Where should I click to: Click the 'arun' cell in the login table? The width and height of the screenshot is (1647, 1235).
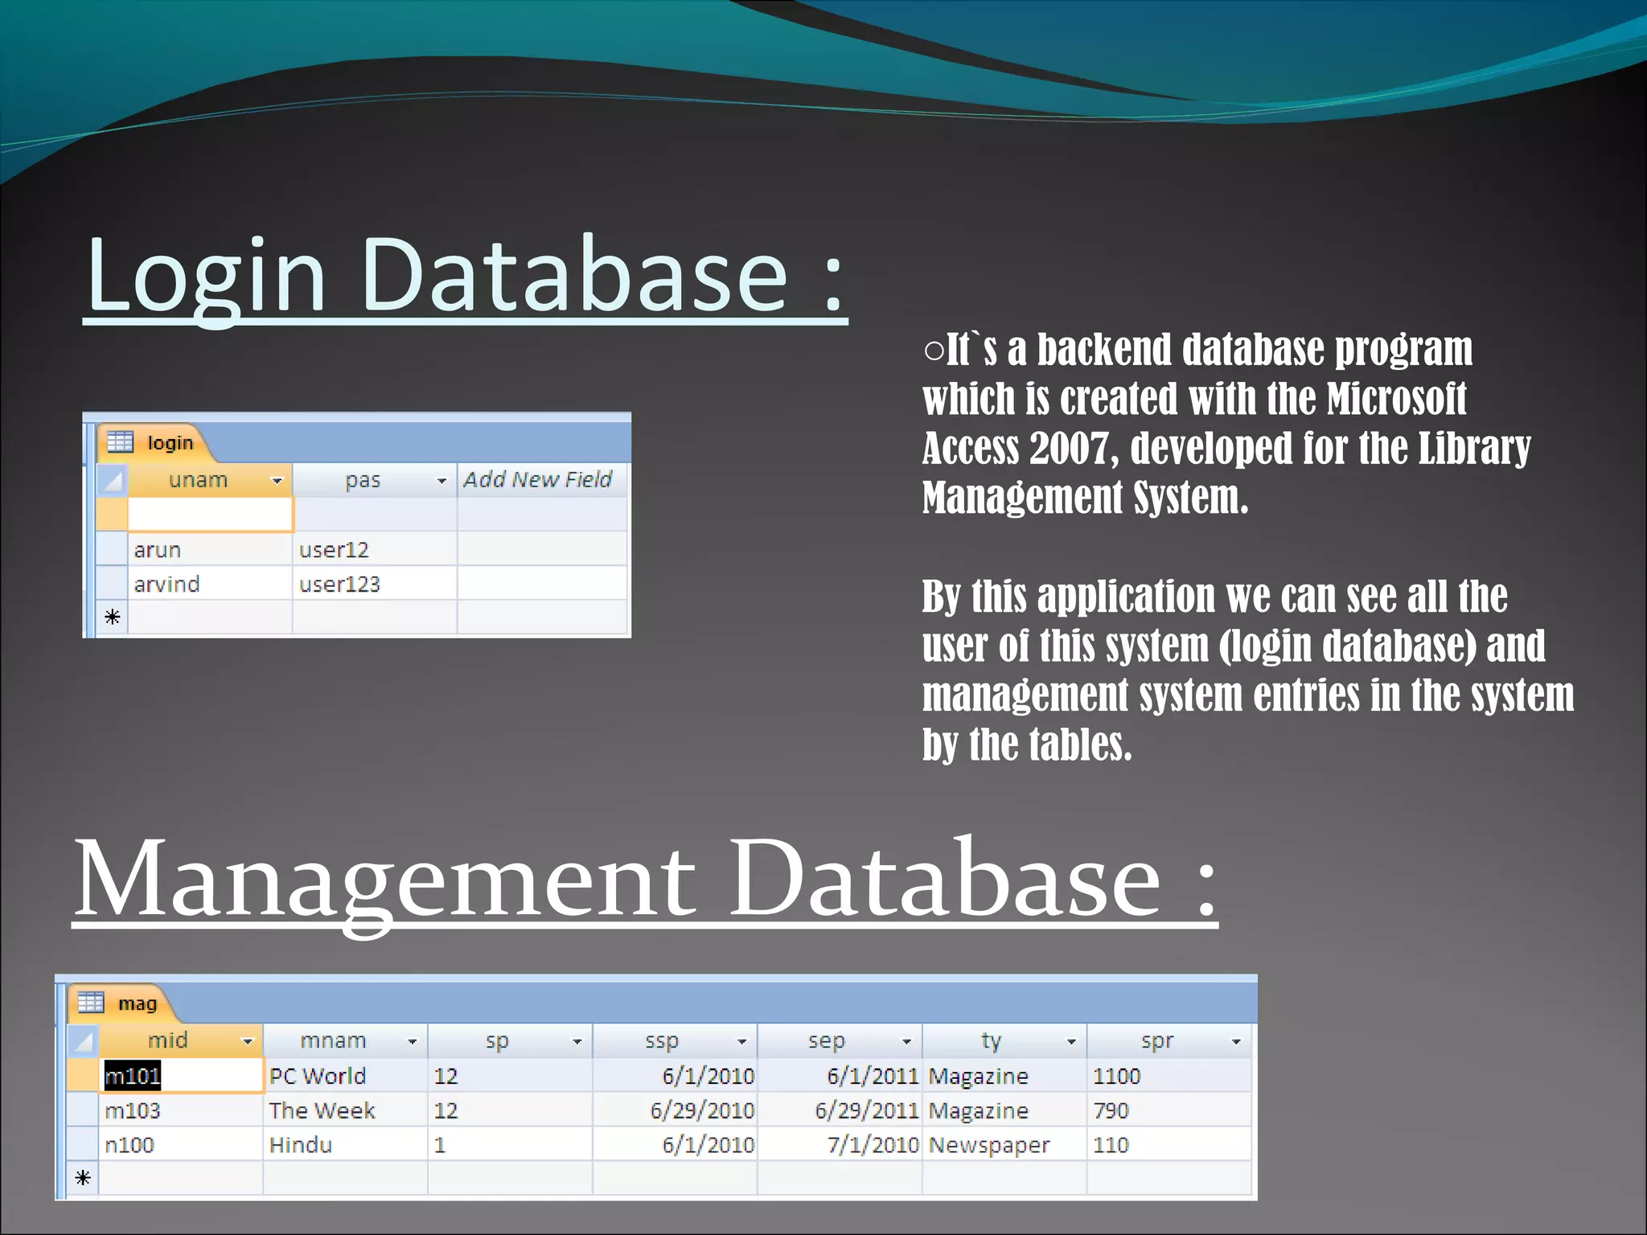(158, 550)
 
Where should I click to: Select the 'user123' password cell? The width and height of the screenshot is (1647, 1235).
(339, 585)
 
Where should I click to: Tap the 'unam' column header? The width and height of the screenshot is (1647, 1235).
(199, 480)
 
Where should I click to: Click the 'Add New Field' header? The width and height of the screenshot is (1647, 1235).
(537, 480)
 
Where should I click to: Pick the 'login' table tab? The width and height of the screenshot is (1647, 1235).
(169, 443)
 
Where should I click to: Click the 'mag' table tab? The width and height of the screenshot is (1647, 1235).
(137, 1003)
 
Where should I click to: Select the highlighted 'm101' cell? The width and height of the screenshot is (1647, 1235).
(133, 1076)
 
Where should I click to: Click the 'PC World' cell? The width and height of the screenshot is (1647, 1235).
(318, 1076)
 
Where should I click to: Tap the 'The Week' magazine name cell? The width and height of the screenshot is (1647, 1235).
(322, 1110)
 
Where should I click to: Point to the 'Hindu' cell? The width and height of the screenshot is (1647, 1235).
(301, 1145)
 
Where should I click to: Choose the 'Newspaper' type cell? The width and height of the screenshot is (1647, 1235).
(989, 1145)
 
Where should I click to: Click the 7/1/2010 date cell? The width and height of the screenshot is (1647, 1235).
(873, 1145)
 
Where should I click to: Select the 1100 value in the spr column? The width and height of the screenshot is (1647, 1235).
(1116, 1076)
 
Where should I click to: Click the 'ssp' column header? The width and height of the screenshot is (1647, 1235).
(662, 1041)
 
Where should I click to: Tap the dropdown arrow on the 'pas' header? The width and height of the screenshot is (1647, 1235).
(442, 481)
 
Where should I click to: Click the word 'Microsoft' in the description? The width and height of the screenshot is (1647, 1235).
(1396, 399)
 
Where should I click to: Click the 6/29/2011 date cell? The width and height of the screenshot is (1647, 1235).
(866, 1110)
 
